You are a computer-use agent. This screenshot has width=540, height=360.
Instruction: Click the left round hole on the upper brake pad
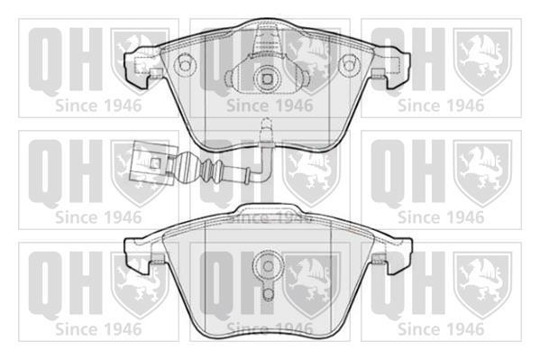click(185, 64)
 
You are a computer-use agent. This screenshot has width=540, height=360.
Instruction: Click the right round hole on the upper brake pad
click(349, 65)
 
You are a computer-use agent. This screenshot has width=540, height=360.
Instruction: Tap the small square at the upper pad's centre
click(267, 79)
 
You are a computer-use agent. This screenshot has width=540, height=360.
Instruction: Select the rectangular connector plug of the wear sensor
click(151, 161)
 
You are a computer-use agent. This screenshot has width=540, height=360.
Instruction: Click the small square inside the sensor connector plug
click(156, 162)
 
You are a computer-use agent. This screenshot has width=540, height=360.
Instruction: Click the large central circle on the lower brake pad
click(268, 266)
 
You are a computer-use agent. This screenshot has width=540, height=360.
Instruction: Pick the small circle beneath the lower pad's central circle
click(268, 292)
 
